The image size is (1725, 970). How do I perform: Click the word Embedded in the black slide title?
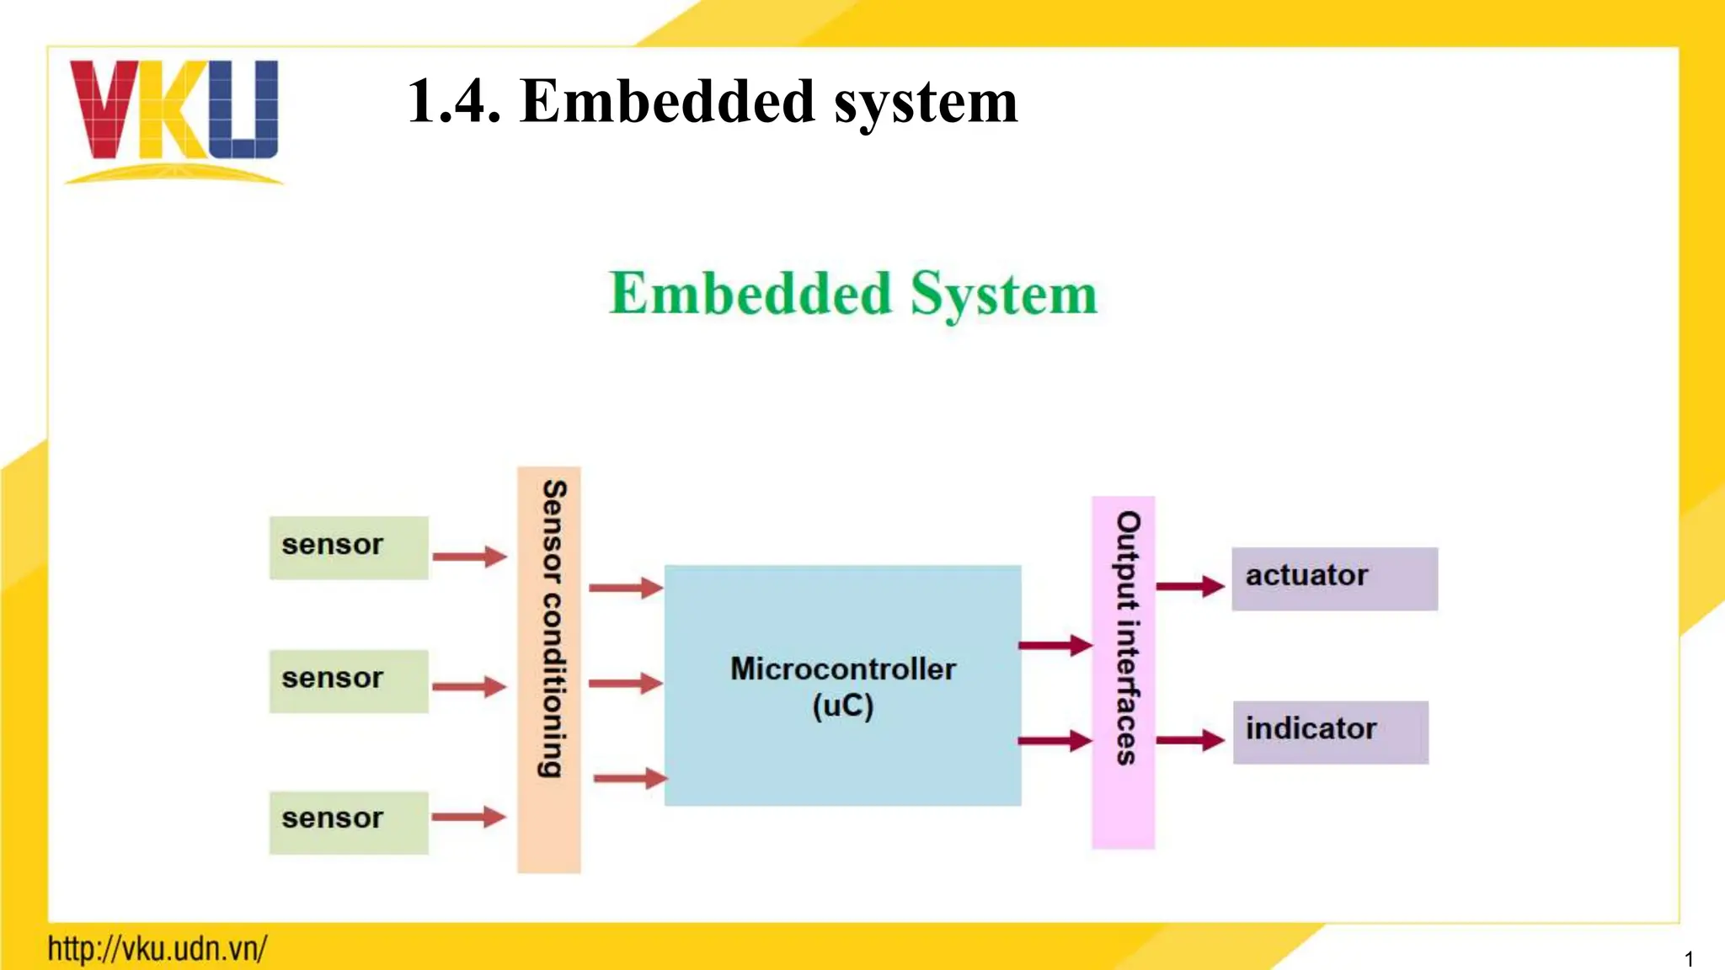[667, 102]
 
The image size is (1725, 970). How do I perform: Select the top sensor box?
[349, 547]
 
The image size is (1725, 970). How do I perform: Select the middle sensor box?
[349, 680]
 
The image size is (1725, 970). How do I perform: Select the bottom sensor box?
[349, 822]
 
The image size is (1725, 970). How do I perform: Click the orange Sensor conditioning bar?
[549, 669]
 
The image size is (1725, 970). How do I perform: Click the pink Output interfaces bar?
[1124, 672]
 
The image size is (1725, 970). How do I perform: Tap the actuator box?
[1334, 578]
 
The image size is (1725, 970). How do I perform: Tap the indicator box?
[1330, 732]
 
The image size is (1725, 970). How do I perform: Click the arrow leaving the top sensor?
[469, 557]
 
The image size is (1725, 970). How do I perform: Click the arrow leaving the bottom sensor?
[468, 817]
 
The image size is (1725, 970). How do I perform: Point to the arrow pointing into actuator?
[1189, 586]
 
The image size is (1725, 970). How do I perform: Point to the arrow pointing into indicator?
[1189, 740]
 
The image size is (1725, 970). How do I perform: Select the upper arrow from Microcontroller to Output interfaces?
[1055, 646]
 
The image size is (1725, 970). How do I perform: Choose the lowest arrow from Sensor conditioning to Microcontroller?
[629, 778]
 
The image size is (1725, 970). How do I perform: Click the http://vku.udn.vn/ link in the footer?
[158, 949]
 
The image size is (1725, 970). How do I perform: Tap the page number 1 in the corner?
[1688, 959]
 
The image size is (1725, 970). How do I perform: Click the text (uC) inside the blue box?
[842, 706]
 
